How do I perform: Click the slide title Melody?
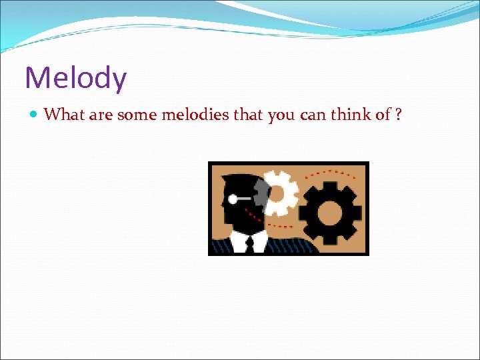coord(75,78)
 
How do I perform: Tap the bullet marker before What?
coord(34,115)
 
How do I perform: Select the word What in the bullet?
coord(63,115)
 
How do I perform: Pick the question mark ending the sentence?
coord(398,115)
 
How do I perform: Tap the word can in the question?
coord(313,115)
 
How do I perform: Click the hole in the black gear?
coord(330,213)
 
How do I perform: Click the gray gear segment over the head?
coord(262,193)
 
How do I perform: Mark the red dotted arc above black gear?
coord(333,171)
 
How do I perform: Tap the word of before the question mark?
coord(383,115)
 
